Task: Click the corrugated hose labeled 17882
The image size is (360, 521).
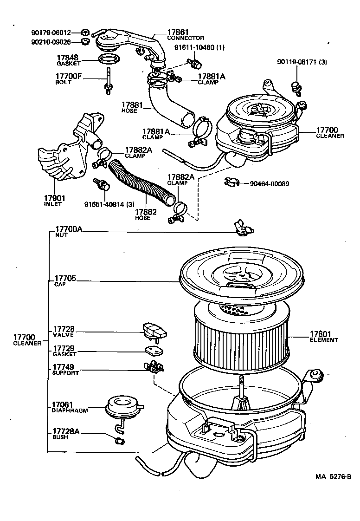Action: [x=139, y=183]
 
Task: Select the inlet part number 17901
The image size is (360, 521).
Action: [x=55, y=198]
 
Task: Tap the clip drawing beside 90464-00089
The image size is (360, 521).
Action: [x=230, y=183]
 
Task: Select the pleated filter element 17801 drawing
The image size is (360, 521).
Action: [x=241, y=339]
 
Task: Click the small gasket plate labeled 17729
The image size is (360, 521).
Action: [x=151, y=351]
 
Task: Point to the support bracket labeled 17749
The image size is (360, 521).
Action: [x=153, y=368]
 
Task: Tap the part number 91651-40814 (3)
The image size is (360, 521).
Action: [x=109, y=203]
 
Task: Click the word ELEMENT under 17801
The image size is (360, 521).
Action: [x=324, y=340]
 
